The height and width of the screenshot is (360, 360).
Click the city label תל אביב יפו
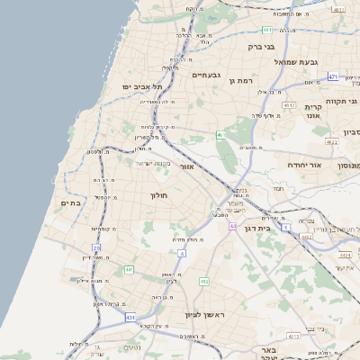136,86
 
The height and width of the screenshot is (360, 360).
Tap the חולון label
162,194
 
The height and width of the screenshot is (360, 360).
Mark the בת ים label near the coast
71,204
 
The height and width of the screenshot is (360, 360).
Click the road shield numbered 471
332,76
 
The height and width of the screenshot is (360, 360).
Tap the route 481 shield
268,30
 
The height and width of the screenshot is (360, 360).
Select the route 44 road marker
232,226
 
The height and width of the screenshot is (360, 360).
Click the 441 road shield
130,269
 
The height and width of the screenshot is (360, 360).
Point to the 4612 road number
306,237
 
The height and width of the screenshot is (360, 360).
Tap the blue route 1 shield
286,228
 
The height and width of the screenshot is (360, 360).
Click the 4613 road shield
289,105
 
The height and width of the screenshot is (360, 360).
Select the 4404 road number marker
345,255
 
